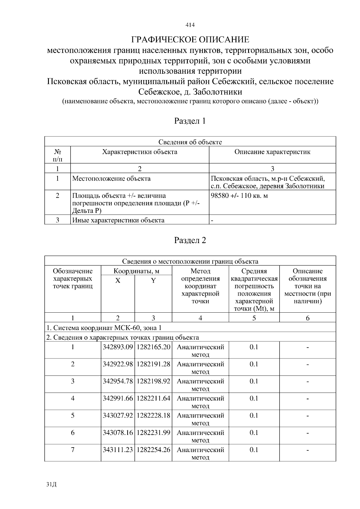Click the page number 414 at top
[x=190, y=25]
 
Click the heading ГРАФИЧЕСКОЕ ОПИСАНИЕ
[x=190, y=40]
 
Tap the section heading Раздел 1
[x=190, y=121]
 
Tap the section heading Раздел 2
[x=190, y=240]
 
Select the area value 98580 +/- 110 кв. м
[x=239, y=196]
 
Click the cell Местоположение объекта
[x=112, y=179]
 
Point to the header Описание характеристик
[x=272, y=152]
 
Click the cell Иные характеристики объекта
[x=118, y=220]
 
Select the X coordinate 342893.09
[x=118, y=347]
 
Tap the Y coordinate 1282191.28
[x=153, y=364]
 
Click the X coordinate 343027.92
[x=118, y=415]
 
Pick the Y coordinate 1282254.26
[x=153, y=450]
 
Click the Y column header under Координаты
[x=153, y=281]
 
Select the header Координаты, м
[x=136, y=271]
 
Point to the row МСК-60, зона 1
[x=104, y=328]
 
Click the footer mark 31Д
[x=51, y=484]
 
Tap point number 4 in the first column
[x=73, y=398]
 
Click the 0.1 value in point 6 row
[x=254, y=433]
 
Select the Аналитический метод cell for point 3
[x=200, y=385]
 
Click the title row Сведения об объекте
[x=190, y=142]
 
